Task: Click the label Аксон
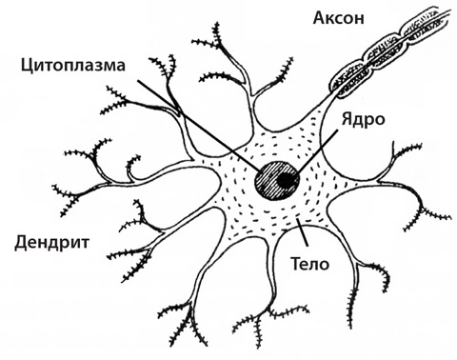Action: point(338,18)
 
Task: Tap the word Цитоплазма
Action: point(73,66)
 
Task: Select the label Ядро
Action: point(363,120)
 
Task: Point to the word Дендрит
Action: point(52,243)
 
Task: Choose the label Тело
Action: point(310,263)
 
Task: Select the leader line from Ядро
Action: point(317,152)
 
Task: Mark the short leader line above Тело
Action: point(302,232)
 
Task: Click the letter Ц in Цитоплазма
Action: point(28,67)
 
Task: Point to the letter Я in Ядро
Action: point(348,119)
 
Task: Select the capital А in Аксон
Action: point(320,18)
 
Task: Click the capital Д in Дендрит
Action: point(21,244)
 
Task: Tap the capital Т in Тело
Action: point(296,263)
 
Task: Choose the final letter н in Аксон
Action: point(359,20)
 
